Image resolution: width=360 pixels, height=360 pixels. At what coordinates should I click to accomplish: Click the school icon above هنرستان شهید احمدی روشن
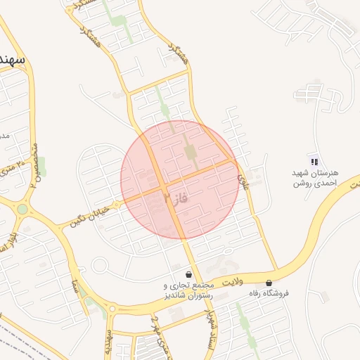(314, 162)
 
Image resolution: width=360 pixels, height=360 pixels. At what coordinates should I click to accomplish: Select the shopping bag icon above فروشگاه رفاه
(269, 283)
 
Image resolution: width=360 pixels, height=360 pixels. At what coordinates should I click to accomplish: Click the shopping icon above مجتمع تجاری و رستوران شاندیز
(188, 274)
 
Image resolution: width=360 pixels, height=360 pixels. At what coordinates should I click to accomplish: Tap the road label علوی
(244, 181)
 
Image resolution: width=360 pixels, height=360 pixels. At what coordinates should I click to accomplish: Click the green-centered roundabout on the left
(22, 209)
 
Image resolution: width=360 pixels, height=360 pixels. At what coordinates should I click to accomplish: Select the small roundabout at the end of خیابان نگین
(100, 266)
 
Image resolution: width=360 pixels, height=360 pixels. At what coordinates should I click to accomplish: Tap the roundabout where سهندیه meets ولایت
(111, 308)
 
